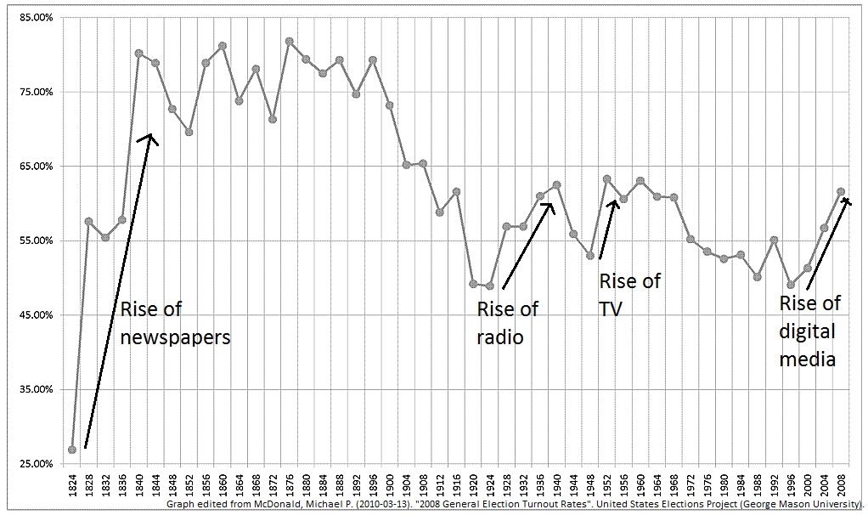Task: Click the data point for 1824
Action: point(72,450)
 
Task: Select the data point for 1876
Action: point(289,42)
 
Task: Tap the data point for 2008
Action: point(841,191)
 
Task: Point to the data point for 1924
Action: point(489,286)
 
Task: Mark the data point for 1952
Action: point(606,178)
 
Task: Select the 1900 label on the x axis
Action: point(390,483)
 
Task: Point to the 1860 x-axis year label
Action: point(223,483)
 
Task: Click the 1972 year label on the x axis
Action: point(690,483)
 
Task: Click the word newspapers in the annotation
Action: point(175,337)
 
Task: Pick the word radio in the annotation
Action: point(500,337)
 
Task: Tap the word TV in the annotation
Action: point(611,309)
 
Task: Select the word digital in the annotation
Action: point(807,332)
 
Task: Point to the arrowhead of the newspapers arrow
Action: point(149,134)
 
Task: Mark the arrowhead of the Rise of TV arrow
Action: point(614,201)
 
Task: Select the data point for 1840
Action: point(139,54)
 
